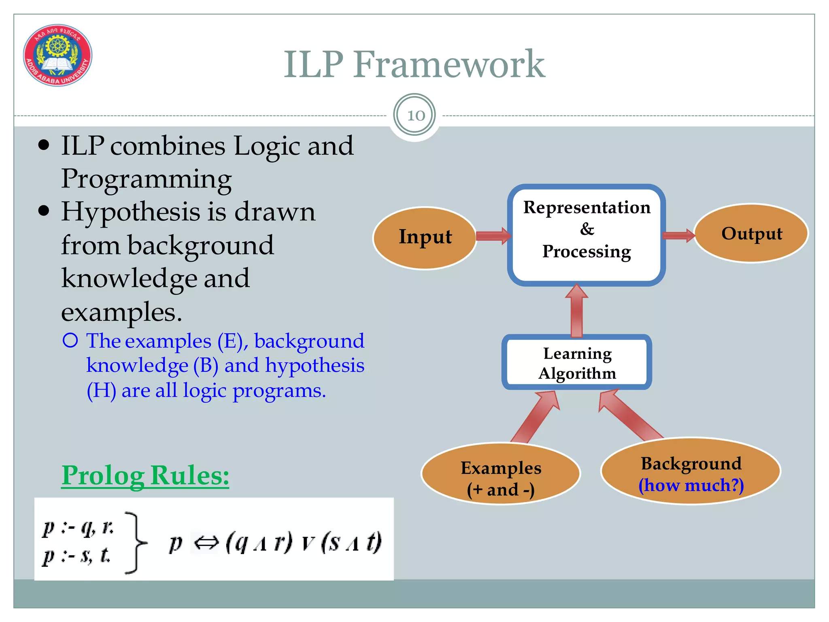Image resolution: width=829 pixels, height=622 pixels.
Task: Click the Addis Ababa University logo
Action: tap(57, 55)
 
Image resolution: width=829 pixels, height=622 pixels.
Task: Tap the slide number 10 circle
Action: tap(414, 115)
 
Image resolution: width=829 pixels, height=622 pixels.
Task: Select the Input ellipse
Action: tap(425, 238)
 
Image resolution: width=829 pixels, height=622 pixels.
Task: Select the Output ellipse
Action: tap(751, 234)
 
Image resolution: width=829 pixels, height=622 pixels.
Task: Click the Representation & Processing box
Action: tap(586, 235)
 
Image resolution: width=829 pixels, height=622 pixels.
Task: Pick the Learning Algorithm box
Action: tap(577, 362)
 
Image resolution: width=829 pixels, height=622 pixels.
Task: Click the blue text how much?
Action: tap(691, 485)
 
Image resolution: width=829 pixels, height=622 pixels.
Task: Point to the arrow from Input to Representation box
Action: tap(493, 236)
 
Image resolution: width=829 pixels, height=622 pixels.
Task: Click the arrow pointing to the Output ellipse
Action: tap(678, 235)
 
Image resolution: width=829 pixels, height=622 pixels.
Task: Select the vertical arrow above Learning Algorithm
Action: tap(576, 311)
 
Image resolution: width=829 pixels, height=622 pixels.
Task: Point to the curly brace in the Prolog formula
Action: tap(136, 543)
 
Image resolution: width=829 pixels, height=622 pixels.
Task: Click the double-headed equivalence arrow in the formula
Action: tap(206, 543)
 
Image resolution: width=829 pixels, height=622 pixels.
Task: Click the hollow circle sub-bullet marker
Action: tap(70, 341)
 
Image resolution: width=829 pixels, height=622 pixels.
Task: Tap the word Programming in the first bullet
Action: tap(146, 179)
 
